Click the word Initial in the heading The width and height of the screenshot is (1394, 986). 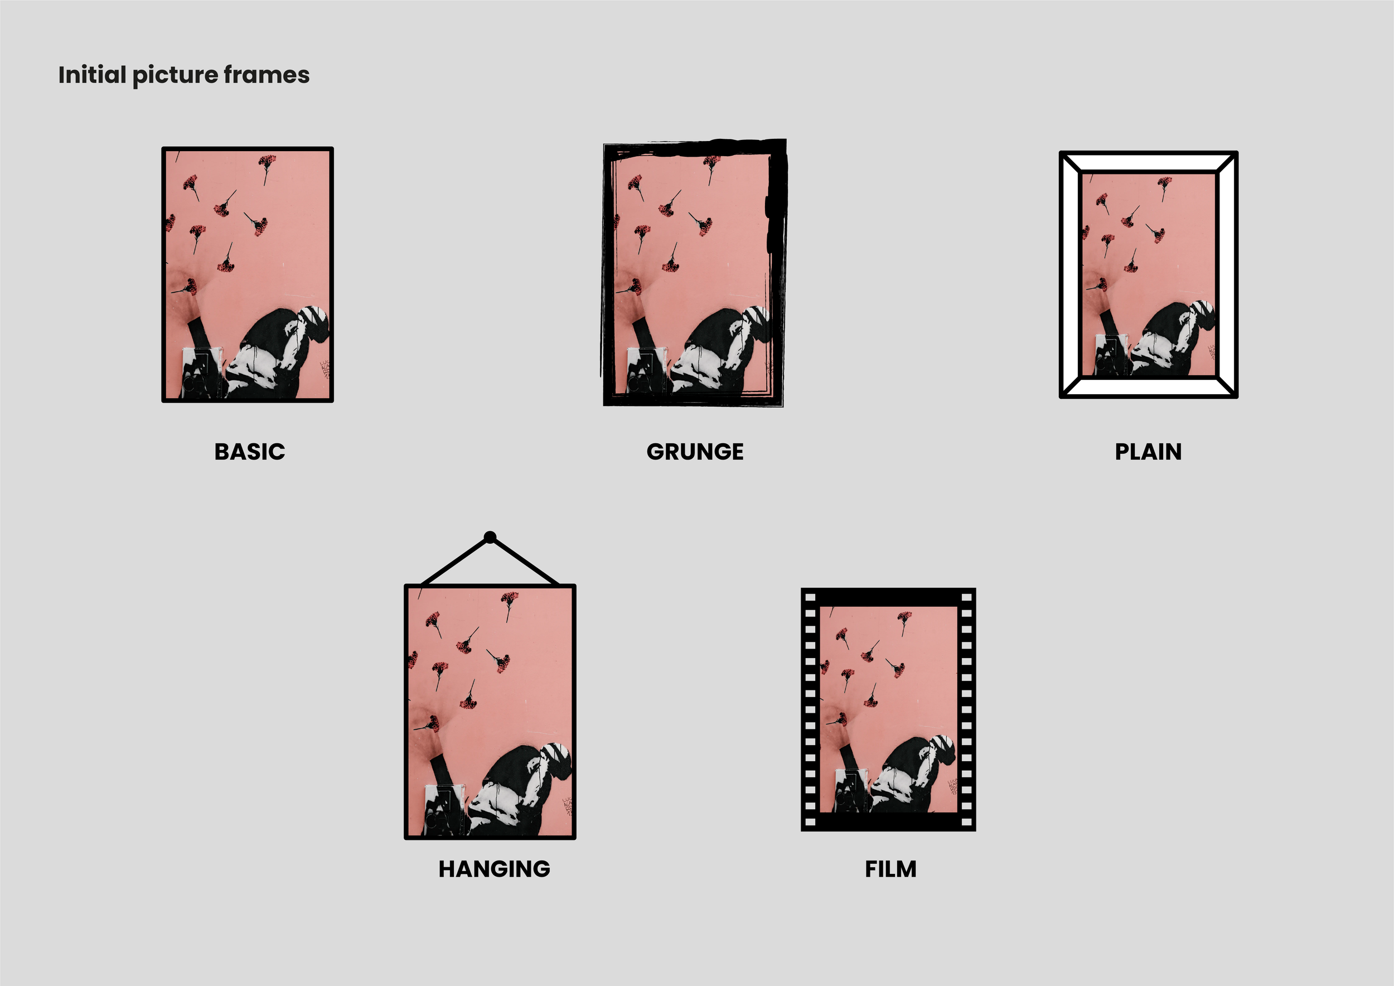tap(91, 75)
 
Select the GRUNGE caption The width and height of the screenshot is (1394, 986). tap(695, 452)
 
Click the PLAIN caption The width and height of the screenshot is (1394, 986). tap(1148, 452)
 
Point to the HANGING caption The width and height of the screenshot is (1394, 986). tap(494, 869)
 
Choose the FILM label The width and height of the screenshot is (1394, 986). tap(890, 869)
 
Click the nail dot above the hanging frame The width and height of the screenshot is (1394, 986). tap(490, 537)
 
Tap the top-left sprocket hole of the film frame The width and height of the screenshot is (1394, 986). tap(810, 597)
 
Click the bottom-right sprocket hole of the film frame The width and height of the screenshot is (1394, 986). tap(966, 822)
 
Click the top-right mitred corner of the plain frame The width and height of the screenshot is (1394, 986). tap(1226, 163)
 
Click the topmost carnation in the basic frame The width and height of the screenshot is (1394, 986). tap(267, 162)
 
